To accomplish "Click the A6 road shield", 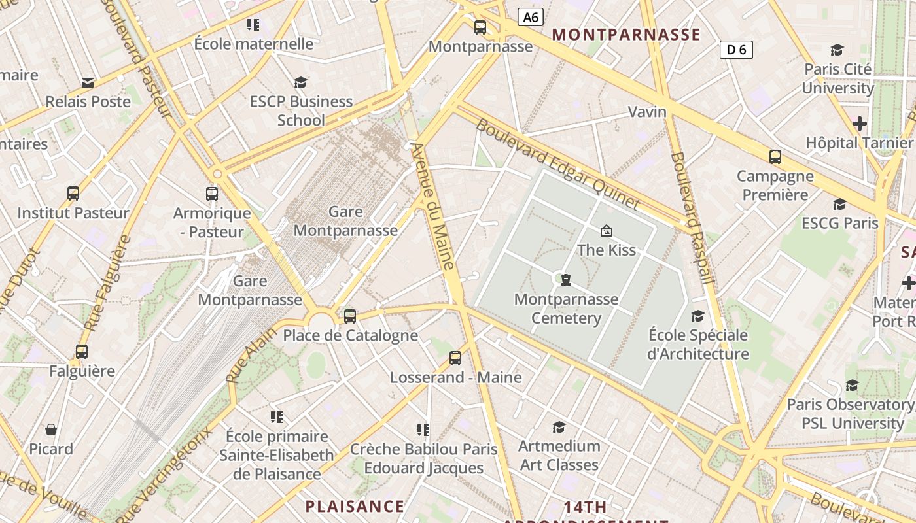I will pyautogui.click(x=531, y=18).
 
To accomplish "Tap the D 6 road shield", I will pyautogui.click(x=736, y=50).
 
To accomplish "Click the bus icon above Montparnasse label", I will pyautogui.click(x=480, y=27).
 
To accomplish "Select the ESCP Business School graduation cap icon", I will pyautogui.click(x=300, y=82).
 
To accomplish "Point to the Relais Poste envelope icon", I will pyautogui.click(x=88, y=83).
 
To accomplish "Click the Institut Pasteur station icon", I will pyautogui.click(x=73, y=194).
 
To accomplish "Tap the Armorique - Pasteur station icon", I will pyautogui.click(x=212, y=194).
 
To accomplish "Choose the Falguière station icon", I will pyautogui.click(x=82, y=352).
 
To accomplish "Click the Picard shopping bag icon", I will pyautogui.click(x=51, y=430).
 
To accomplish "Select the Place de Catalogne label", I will pyautogui.click(x=350, y=336).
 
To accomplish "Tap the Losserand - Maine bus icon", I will pyautogui.click(x=455, y=358).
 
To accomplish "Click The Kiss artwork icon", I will pyautogui.click(x=607, y=231).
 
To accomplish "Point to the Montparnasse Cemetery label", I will pyautogui.click(x=566, y=309).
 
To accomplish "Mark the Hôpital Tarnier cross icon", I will pyautogui.click(x=860, y=124).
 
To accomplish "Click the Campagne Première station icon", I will pyautogui.click(x=775, y=157).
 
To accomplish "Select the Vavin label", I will pyautogui.click(x=647, y=112).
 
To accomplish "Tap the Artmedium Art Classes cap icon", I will pyautogui.click(x=559, y=427).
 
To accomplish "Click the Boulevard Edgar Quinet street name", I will pyautogui.click(x=557, y=164).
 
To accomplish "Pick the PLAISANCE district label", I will pyautogui.click(x=355, y=506).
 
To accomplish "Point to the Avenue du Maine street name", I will pyautogui.click(x=432, y=207).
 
